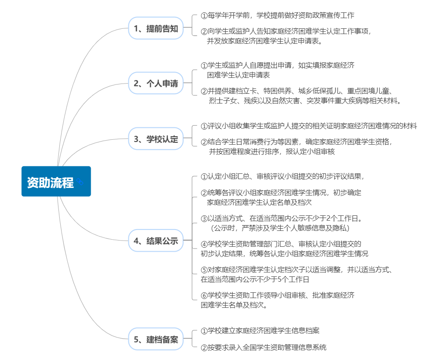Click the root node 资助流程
(x=56, y=181)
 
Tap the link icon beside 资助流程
(x=80, y=181)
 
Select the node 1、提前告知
(x=156, y=28)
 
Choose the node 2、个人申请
(x=156, y=83)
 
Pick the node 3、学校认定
(x=156, y=138)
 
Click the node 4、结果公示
(x=156, y=241)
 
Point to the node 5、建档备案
(x=156, y=339)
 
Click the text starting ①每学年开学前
(x=278, y=15)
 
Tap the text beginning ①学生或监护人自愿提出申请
(x=278, y=65)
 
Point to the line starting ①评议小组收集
(x=309, y=126)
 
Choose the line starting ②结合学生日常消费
(x=297, y=142)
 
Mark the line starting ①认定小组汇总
(x=282, y=176)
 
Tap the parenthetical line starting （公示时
(x=280, y=228)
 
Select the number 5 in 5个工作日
(x=279, y=280)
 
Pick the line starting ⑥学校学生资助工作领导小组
(x=278, y=295)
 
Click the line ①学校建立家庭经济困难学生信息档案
(x=260, y=331)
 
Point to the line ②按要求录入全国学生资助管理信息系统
(x=263, y=348)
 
